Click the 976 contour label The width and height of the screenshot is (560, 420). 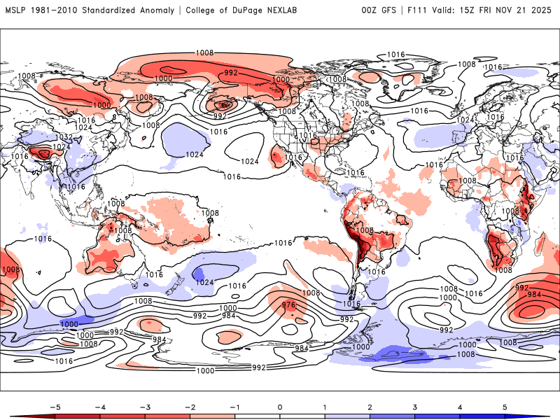288,305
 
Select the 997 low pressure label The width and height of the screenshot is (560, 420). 220,115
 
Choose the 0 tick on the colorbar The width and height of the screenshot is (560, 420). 280,406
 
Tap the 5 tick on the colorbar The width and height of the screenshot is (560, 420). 505,406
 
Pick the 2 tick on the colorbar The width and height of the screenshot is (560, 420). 370,406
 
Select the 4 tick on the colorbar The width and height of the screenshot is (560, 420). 460,406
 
